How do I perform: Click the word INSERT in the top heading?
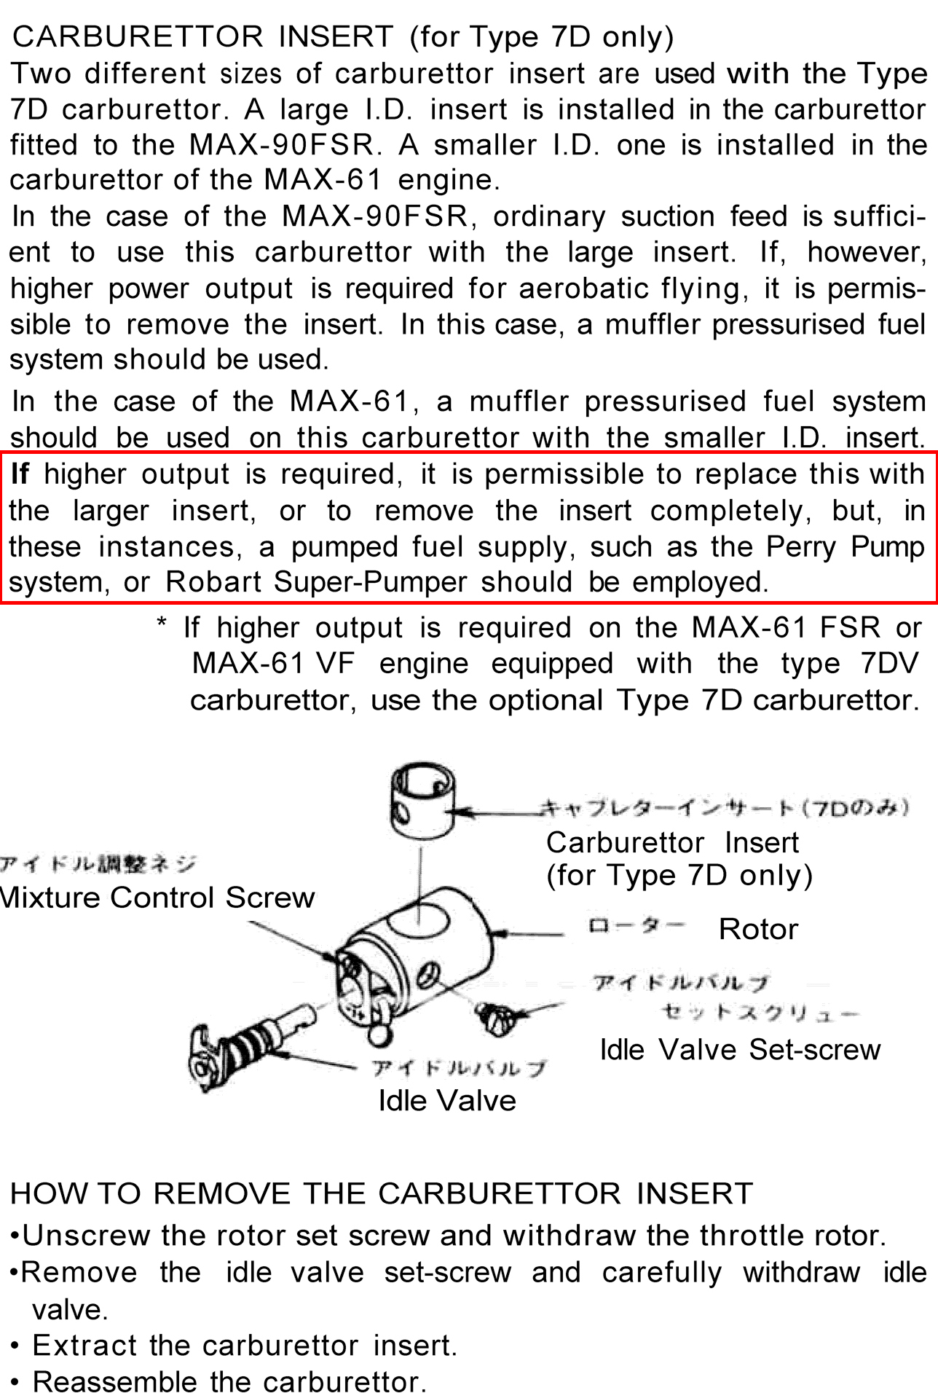(x=336, y=36)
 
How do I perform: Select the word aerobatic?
(x=583, y=289)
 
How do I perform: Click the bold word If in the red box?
(x=20, y=474)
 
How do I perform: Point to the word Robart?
(x=213, y=582)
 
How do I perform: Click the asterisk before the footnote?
(x=162, y=624)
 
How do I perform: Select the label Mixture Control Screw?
(x=157, y=898)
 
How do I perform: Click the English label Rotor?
(x=758, y=930)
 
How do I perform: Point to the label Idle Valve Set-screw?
(x=740, y=1050)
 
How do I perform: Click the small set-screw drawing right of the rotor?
(x=499, y=1017)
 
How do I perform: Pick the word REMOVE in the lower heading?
(x=222, y=1194)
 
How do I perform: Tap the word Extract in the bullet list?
(x=84, y=1346)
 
